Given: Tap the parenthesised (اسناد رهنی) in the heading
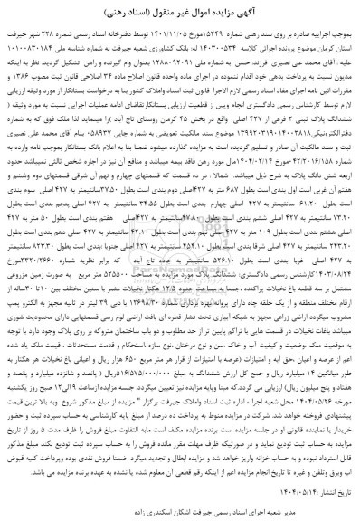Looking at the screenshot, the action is click(x=140, y=12).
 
